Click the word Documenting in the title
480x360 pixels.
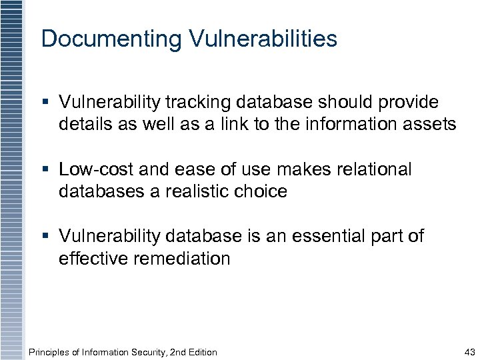[111, 39]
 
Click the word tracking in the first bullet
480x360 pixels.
[193, 102]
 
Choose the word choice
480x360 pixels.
[262, 191]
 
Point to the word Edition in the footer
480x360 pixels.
[201, 352]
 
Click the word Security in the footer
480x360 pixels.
[139, 352]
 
